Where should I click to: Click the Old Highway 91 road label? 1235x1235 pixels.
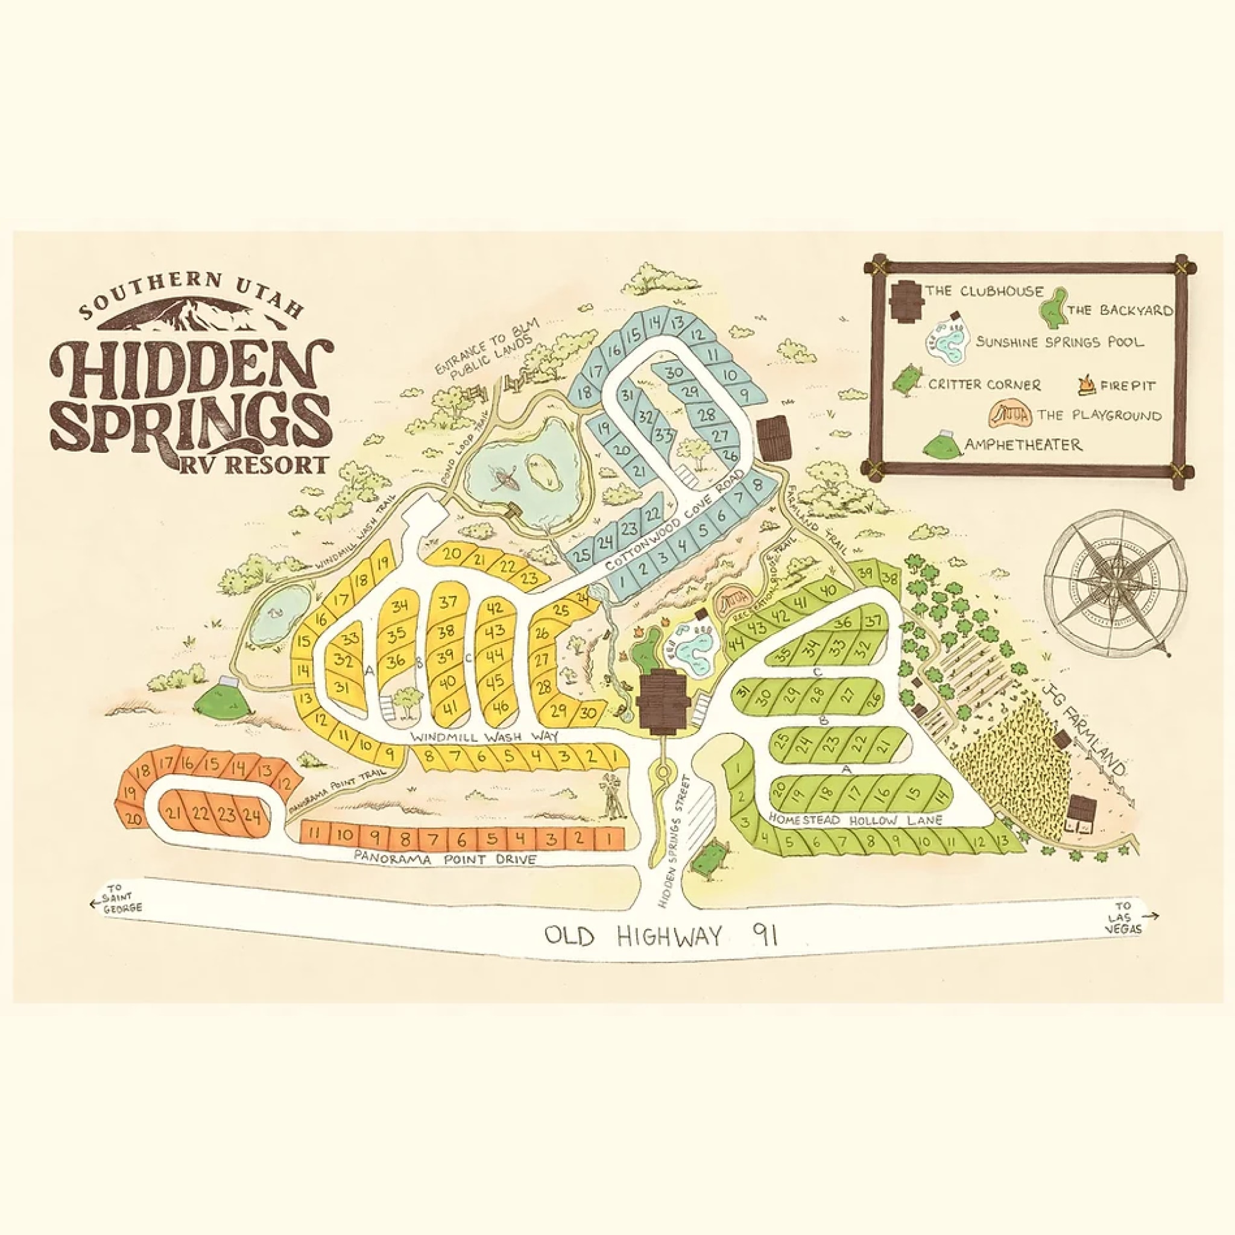[661, 937]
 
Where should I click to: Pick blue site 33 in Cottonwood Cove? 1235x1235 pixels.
[666, 437]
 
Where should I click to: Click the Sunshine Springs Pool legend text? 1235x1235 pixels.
[1059, 342]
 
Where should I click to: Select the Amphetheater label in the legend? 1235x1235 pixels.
[1023, 444]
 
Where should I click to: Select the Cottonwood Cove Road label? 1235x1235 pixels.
[674, 521]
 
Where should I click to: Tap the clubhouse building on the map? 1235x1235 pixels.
[662, 701]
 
